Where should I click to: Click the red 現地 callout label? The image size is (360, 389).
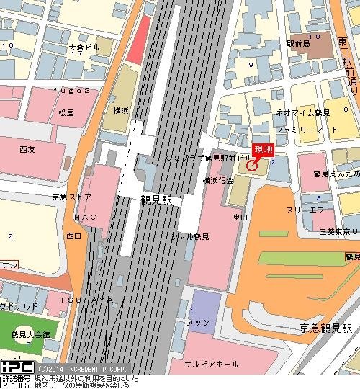click(x=264, y=150)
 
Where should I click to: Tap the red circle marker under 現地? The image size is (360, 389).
click(x=251, y=166)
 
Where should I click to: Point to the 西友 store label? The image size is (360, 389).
click(x=28, y=149)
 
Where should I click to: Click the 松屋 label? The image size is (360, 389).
click(x=67, y=113)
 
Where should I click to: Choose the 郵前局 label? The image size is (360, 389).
click(x=297, y=45)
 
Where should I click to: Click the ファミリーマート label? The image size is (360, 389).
click(x=306, y=130)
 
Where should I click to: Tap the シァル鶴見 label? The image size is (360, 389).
click(x=190, y=236)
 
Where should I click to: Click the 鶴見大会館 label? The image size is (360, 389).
click(x=31, y=335)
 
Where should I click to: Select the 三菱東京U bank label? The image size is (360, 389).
click(x=329, y=231)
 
